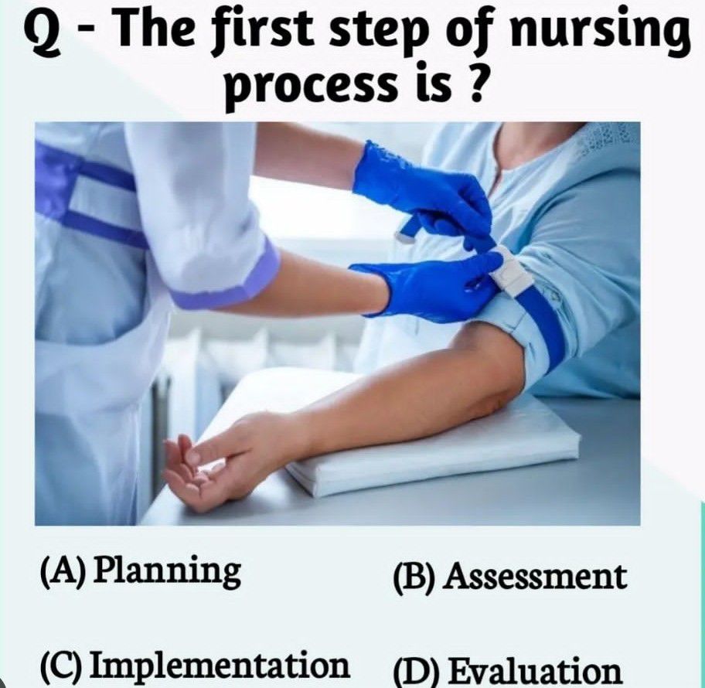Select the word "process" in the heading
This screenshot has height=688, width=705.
coord(312,86)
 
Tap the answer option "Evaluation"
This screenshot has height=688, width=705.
coord(536,670)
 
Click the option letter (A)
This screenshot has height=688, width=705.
coord(63,572)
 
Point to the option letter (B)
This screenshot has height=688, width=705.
coord(414,577)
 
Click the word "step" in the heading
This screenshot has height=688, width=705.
coord(380,35)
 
